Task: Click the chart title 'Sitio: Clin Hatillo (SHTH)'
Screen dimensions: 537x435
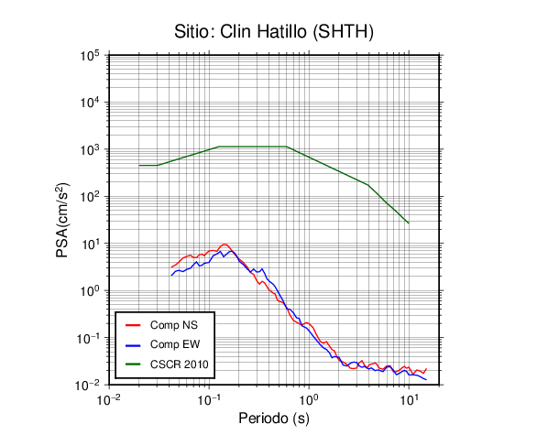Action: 274,32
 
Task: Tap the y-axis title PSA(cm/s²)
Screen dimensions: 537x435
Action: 62,221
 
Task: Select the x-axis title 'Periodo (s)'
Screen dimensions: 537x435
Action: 274,419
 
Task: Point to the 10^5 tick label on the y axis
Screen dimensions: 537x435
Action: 90,56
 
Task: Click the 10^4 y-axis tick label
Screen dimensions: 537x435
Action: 90,103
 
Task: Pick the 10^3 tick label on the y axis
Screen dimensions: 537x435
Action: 90,149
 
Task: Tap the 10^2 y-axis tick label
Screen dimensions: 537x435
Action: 90,197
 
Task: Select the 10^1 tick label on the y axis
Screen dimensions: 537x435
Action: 90,244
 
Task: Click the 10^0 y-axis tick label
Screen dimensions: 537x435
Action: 90,291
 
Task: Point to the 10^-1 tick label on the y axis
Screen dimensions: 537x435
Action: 88,338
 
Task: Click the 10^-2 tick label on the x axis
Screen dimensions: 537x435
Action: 109,399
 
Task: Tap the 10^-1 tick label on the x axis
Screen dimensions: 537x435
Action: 209,399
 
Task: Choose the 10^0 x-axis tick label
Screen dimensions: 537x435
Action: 309,399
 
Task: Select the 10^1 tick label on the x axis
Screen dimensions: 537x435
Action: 409,399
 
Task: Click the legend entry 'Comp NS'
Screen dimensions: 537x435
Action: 161,325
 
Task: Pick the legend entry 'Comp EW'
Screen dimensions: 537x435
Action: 163,344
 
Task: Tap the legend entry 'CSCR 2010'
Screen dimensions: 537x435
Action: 167,364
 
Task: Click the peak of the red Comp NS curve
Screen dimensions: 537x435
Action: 225,244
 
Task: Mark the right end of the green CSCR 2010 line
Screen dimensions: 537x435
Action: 409,223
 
